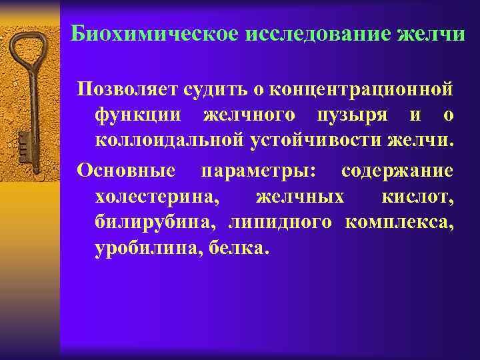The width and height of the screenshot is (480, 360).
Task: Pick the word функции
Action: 137,115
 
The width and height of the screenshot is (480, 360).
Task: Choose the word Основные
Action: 127,171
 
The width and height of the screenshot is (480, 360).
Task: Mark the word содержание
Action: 397,171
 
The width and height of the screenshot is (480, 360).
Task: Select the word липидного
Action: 280,223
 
